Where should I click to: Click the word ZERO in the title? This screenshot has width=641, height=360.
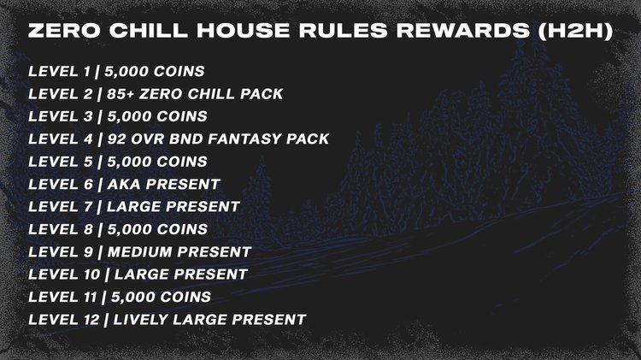click(x=59, y=30)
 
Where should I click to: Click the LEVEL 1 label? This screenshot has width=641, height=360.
click(x=57, y=70)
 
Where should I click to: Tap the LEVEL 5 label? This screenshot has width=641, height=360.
click(x=57, y=161)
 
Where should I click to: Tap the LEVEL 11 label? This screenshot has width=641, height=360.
click(x=61, y=297)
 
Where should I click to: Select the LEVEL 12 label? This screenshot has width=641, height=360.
click(x=62, y=320)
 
